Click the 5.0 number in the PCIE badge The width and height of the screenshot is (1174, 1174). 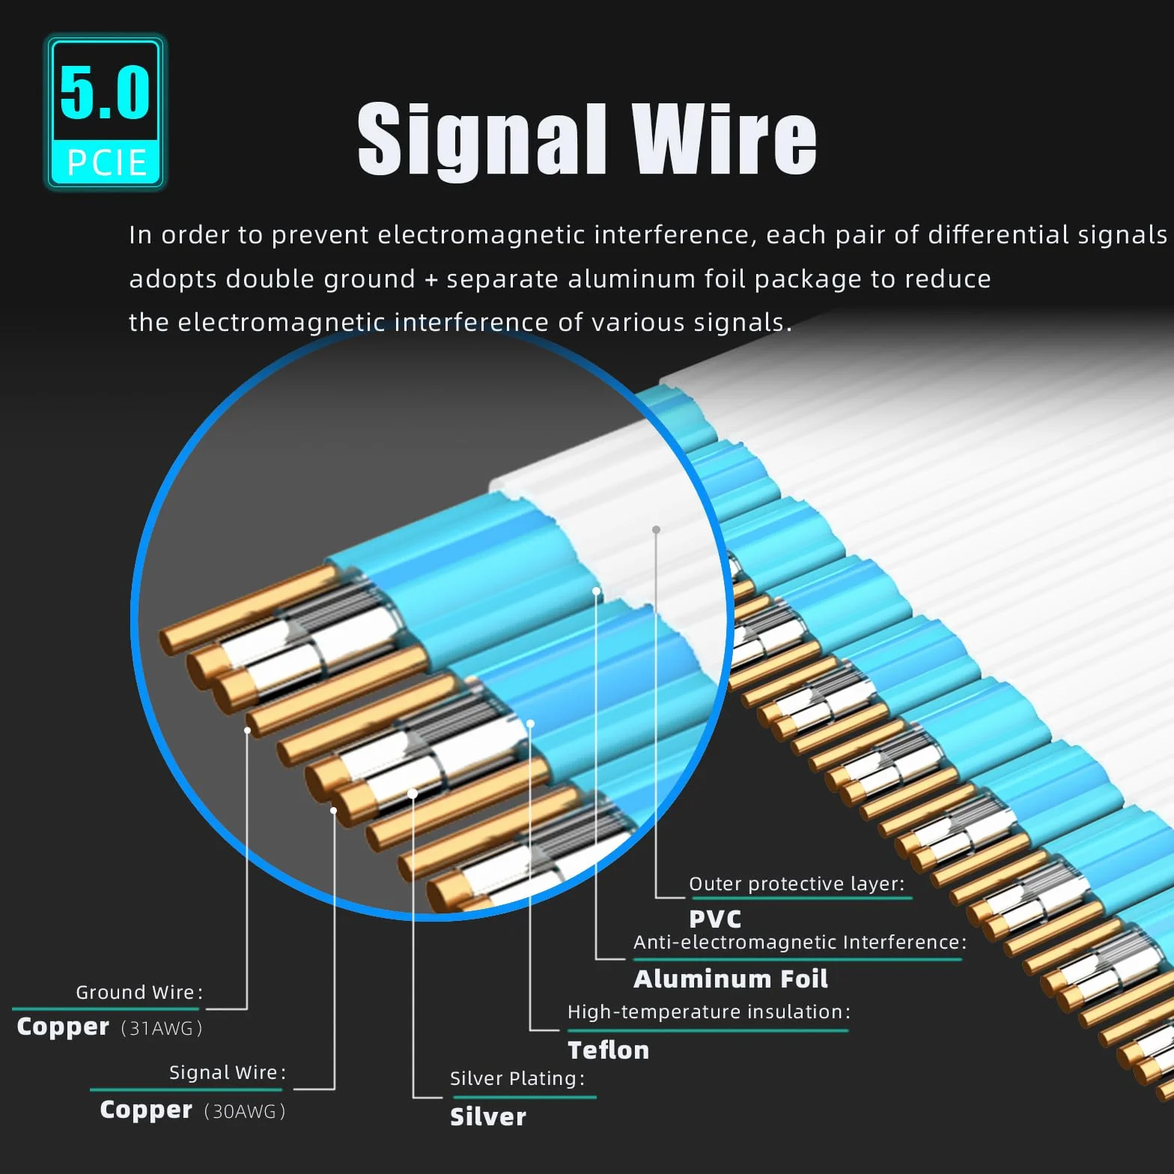coord(105,92)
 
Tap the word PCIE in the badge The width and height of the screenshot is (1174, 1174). coord(106,162)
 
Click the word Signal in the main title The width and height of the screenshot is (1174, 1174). coord(481,140)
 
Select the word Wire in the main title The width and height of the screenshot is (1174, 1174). coord(724,139)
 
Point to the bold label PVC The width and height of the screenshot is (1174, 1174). coord(715,919)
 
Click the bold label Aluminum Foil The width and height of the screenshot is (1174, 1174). coord(731,979)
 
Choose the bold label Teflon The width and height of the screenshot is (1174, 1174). coord(608,1050)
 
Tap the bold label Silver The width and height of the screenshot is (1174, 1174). coord(488,1116)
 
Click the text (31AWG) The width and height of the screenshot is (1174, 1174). coord(162,1028)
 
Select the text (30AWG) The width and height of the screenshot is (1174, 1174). coord(245,1111)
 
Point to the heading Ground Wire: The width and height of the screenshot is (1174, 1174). coord(139,992)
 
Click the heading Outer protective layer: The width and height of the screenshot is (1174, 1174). coord(797,883)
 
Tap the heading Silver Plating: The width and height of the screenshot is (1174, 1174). coord(517,1078)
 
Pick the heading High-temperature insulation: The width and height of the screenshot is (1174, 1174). coord(709,1012)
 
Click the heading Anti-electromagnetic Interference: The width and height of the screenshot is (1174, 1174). coord(800,942)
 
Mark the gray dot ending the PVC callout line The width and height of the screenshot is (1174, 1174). coord(656,529)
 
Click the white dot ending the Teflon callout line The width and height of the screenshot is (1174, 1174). coord(530,723)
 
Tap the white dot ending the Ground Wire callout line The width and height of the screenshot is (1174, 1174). coord(247,730)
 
